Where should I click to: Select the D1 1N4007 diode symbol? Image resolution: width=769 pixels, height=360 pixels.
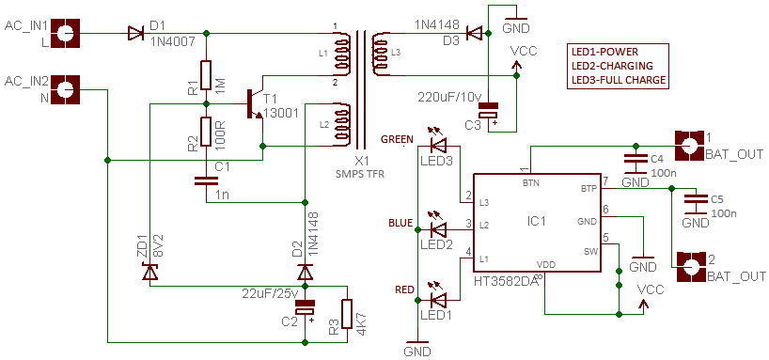pos(136,34)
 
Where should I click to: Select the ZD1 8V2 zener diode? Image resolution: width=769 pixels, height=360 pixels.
pos(149,273)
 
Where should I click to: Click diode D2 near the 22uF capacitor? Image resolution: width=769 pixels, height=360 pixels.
pos(305,272)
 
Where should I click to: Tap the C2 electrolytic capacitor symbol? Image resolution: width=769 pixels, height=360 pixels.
pos(305,307)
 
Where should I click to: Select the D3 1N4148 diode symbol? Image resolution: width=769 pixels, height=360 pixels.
pos(475,34)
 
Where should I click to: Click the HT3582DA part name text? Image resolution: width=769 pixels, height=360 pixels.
pos(507,280)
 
